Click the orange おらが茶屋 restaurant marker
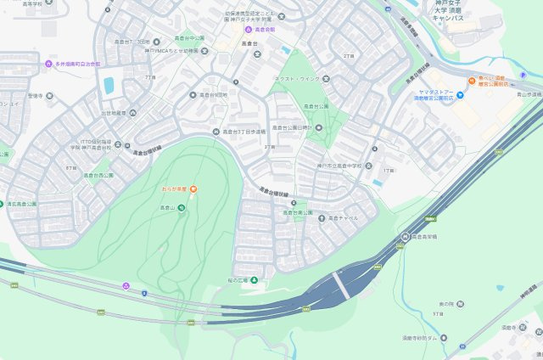click(194, 188)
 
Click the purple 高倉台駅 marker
click(237, 30)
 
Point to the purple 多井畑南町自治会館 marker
click(48, 64)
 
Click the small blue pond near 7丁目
click(109, 84)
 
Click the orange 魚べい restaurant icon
click(471, 80)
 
